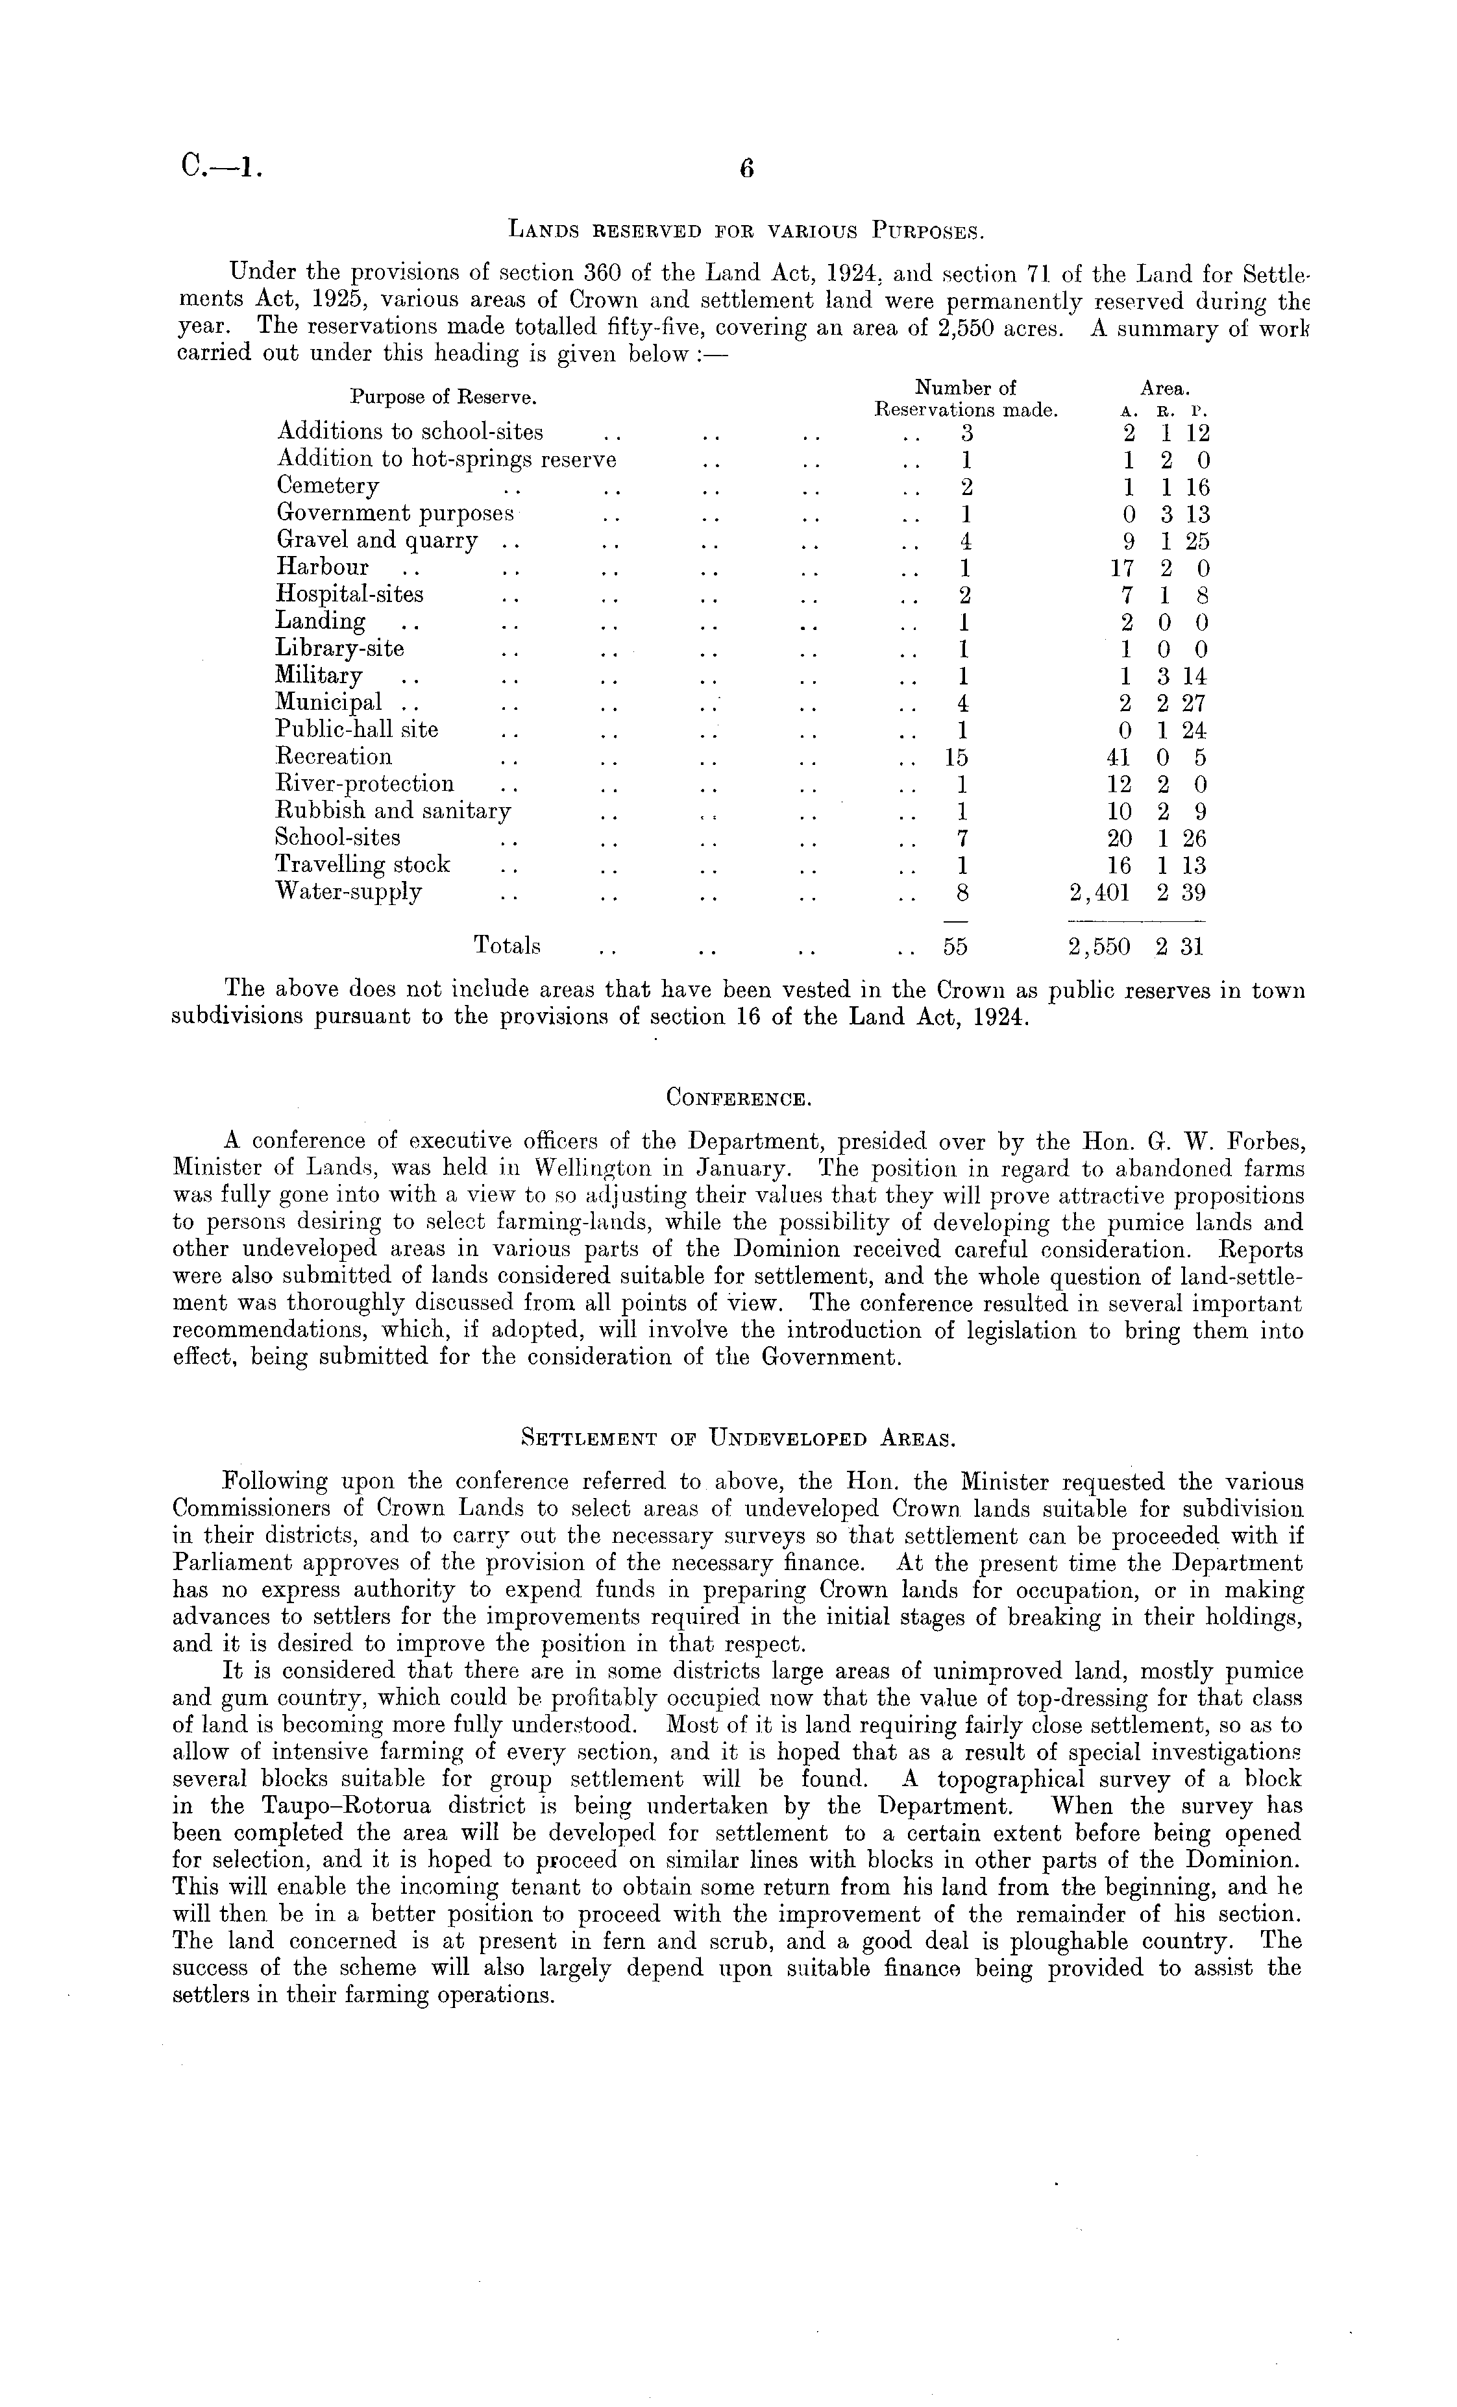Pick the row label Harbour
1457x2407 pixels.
coord(323,568)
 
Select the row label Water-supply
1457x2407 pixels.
coord(349,892)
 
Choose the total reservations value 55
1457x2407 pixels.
coord(954,946)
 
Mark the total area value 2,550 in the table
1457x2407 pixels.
coord(1100,947)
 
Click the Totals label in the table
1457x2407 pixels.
coord(507,946)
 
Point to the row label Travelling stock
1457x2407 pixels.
coord(363,865)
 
